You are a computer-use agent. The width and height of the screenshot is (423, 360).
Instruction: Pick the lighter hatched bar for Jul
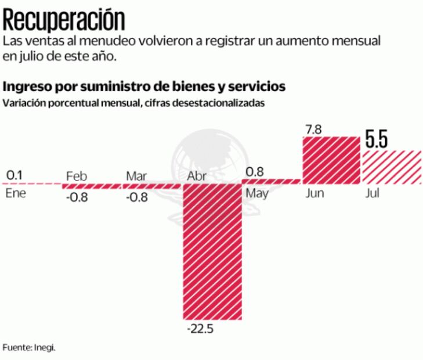point(392,167)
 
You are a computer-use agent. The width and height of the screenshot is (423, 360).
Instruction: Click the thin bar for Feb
point(92,186)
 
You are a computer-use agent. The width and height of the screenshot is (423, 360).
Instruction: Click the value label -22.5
point(201,329)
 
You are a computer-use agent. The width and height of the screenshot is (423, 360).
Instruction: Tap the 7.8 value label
point(313,129)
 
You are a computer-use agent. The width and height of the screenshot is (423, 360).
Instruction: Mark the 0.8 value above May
point(256,172)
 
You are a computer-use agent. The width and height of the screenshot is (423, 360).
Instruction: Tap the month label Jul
point(372,193)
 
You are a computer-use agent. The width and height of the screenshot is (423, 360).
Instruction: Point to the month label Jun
point(315,193)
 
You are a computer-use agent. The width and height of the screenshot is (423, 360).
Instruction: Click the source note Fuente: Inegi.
point(29,347)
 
